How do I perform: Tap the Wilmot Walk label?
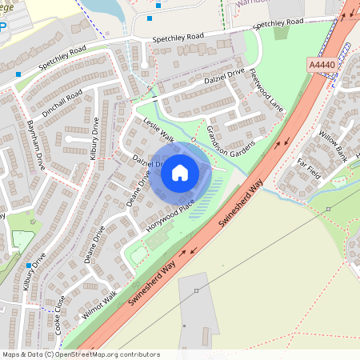(99, 304)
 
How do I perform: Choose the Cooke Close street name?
(60, 313)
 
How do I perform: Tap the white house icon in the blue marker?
(180, 173)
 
